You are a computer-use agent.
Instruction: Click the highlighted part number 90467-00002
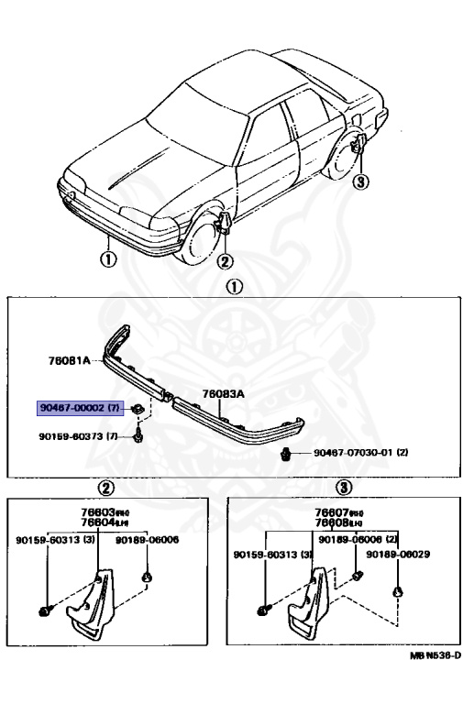tap(79, 406)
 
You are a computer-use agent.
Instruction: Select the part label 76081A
tap(70, 360)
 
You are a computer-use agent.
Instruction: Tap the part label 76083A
tap(223, 394)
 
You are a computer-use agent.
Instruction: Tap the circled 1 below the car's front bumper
tap(107, 258)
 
